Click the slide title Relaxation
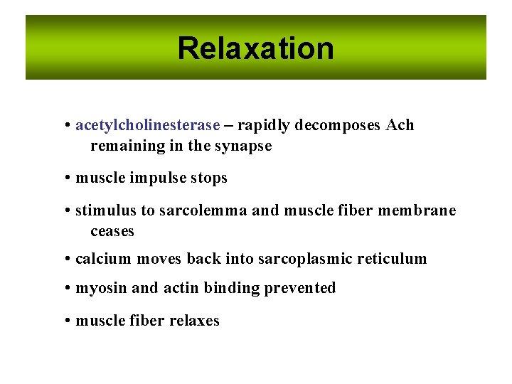click(x=255, y=48)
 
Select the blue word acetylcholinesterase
click(x=147, y=125)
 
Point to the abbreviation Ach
click(x=400, y=125)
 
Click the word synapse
click(x=245, y=146)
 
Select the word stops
click(x=209, y=178)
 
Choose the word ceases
click(x=112, y=231)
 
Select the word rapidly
click(x=265, y=126)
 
